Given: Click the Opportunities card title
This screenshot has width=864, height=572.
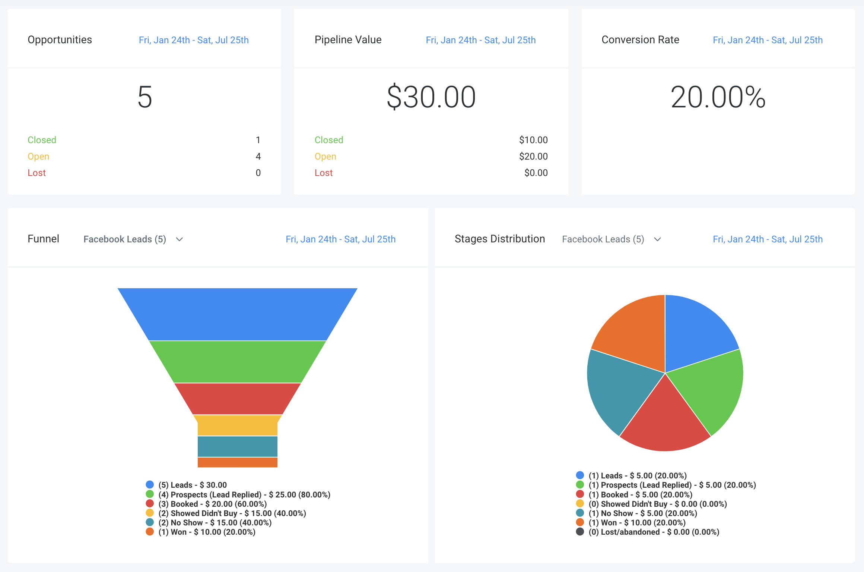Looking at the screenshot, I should (60, 40).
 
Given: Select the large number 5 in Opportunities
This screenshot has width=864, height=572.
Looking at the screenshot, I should (145, 97).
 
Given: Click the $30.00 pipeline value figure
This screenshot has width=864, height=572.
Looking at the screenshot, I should (431, 97).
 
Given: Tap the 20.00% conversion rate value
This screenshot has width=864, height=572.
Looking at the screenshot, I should (718, 97).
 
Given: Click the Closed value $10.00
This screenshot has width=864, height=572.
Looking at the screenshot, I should (533, 140).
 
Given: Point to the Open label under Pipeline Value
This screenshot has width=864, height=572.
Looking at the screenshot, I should (325, 157).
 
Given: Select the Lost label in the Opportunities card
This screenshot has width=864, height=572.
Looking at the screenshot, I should (36, 173).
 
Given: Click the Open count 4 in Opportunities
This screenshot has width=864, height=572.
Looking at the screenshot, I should (258, 157).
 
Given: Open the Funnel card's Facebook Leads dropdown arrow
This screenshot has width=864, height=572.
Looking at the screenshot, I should (180, 239).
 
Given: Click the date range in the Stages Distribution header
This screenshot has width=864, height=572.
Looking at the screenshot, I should (768, 239).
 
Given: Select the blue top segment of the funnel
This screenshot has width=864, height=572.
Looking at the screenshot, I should (238, 314).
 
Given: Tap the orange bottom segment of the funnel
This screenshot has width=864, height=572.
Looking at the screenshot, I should (238, 462).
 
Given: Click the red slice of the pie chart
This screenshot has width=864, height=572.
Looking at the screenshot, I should (665, 421).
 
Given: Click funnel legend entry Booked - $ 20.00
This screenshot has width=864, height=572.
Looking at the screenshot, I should (212, 504).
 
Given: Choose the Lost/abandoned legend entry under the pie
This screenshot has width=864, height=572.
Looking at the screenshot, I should (654, 532).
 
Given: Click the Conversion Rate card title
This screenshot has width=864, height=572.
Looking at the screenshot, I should (640, 40).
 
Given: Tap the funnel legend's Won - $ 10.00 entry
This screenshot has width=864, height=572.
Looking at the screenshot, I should (207, 532).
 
